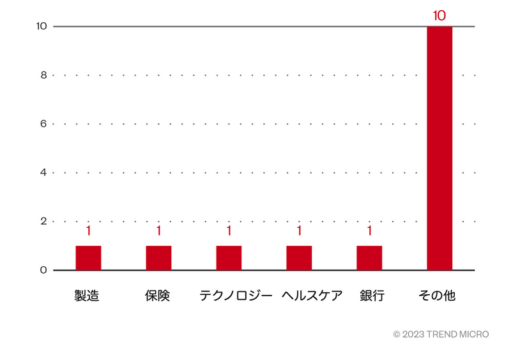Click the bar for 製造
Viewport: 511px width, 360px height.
(88, 258)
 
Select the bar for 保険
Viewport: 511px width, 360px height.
(158, 258)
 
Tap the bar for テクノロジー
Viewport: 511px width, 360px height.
(229, 258)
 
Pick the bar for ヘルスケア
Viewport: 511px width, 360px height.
(299, 258)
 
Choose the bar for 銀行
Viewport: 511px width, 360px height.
(369, 258)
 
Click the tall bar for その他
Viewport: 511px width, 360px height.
(439, 148)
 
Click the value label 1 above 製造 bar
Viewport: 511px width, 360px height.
(88, 231)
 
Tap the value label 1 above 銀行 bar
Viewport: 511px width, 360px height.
(369, 231)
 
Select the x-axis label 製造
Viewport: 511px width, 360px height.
(88, 296)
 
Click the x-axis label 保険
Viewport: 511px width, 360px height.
(158, 296)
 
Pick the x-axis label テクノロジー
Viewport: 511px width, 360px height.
(236, 296)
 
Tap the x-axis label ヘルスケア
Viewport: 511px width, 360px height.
(312, 296)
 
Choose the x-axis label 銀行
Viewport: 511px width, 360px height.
(372, 296)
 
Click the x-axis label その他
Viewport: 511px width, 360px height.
(437, 296)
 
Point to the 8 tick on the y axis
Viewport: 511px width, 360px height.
(43, 75)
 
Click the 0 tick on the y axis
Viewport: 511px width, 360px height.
(43, 270)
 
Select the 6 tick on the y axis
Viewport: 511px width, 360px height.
(43, 124)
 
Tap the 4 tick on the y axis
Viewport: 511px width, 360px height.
(43, 172)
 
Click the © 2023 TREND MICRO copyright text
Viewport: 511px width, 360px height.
(441, 334)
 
